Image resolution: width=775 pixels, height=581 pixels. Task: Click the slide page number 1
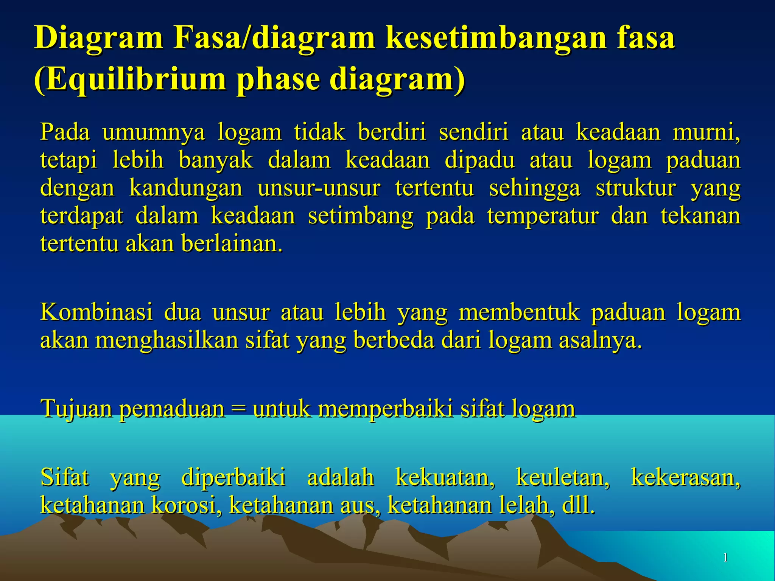tap(725, 558)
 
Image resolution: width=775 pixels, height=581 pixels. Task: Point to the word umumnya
tap(153, 132)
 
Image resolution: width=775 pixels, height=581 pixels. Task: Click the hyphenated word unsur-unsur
tap(319, 188)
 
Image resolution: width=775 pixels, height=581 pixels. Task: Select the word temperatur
tap(543, 216)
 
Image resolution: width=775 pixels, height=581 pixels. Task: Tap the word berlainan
tap(232, 244)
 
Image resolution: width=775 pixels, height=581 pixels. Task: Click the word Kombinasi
tap(96, 312)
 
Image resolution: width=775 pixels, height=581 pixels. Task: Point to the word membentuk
tap(519, 312)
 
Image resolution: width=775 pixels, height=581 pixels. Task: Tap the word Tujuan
tap(76, 409)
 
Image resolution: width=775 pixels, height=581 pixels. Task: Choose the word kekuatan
tap(445, 477)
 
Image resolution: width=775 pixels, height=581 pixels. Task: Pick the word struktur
tap(636, 188)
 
